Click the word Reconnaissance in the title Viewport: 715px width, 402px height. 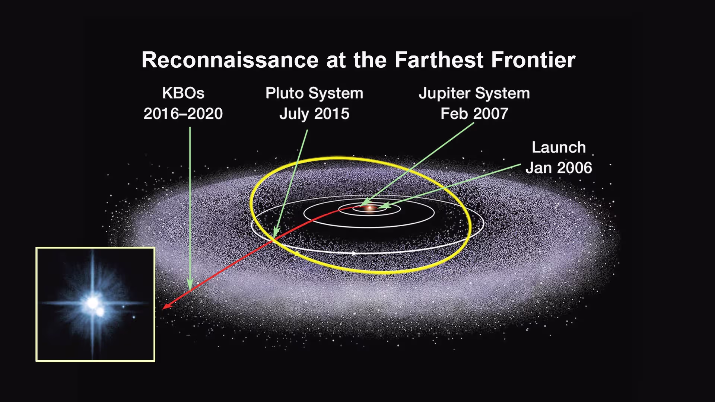[230, 60]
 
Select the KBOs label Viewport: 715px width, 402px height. [183, 93]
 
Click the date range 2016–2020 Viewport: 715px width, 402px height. [183, 114]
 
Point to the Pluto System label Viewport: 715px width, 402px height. [314, 93]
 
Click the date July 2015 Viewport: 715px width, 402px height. [314, 114]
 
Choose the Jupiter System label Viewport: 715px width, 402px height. [474, 93]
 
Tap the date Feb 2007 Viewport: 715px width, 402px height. [474, 114]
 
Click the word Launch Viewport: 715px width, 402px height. [559, 147]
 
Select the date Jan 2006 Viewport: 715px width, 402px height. [559, 168]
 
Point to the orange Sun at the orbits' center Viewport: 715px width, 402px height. [370, 208]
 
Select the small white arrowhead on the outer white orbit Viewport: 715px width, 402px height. [354, 253]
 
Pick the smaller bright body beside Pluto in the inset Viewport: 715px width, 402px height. [100, 312]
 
